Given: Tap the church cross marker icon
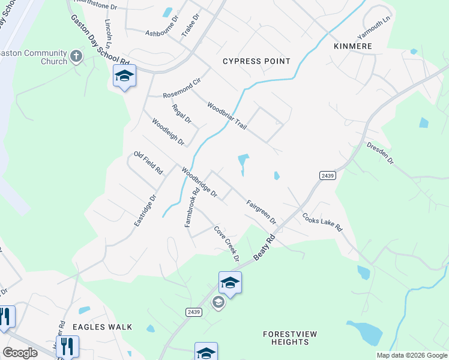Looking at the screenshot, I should point(76,56).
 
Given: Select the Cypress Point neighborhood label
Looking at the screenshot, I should point(256,61).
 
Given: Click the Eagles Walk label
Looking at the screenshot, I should point(98,327).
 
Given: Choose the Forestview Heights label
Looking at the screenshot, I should point(290,338).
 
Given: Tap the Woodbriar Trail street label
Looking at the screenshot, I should point(227,115).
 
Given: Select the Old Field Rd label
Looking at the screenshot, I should point(148,163).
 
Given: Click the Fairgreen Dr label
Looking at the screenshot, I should point(261,212).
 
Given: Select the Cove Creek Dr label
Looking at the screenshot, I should point(228,243).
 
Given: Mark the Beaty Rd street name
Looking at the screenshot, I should point(264,247).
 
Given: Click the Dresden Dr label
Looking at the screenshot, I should point(380,153).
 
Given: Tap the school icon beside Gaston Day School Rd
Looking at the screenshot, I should point(124,76).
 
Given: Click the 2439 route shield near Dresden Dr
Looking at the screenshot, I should point(327,175).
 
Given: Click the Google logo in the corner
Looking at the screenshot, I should point(20,353).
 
